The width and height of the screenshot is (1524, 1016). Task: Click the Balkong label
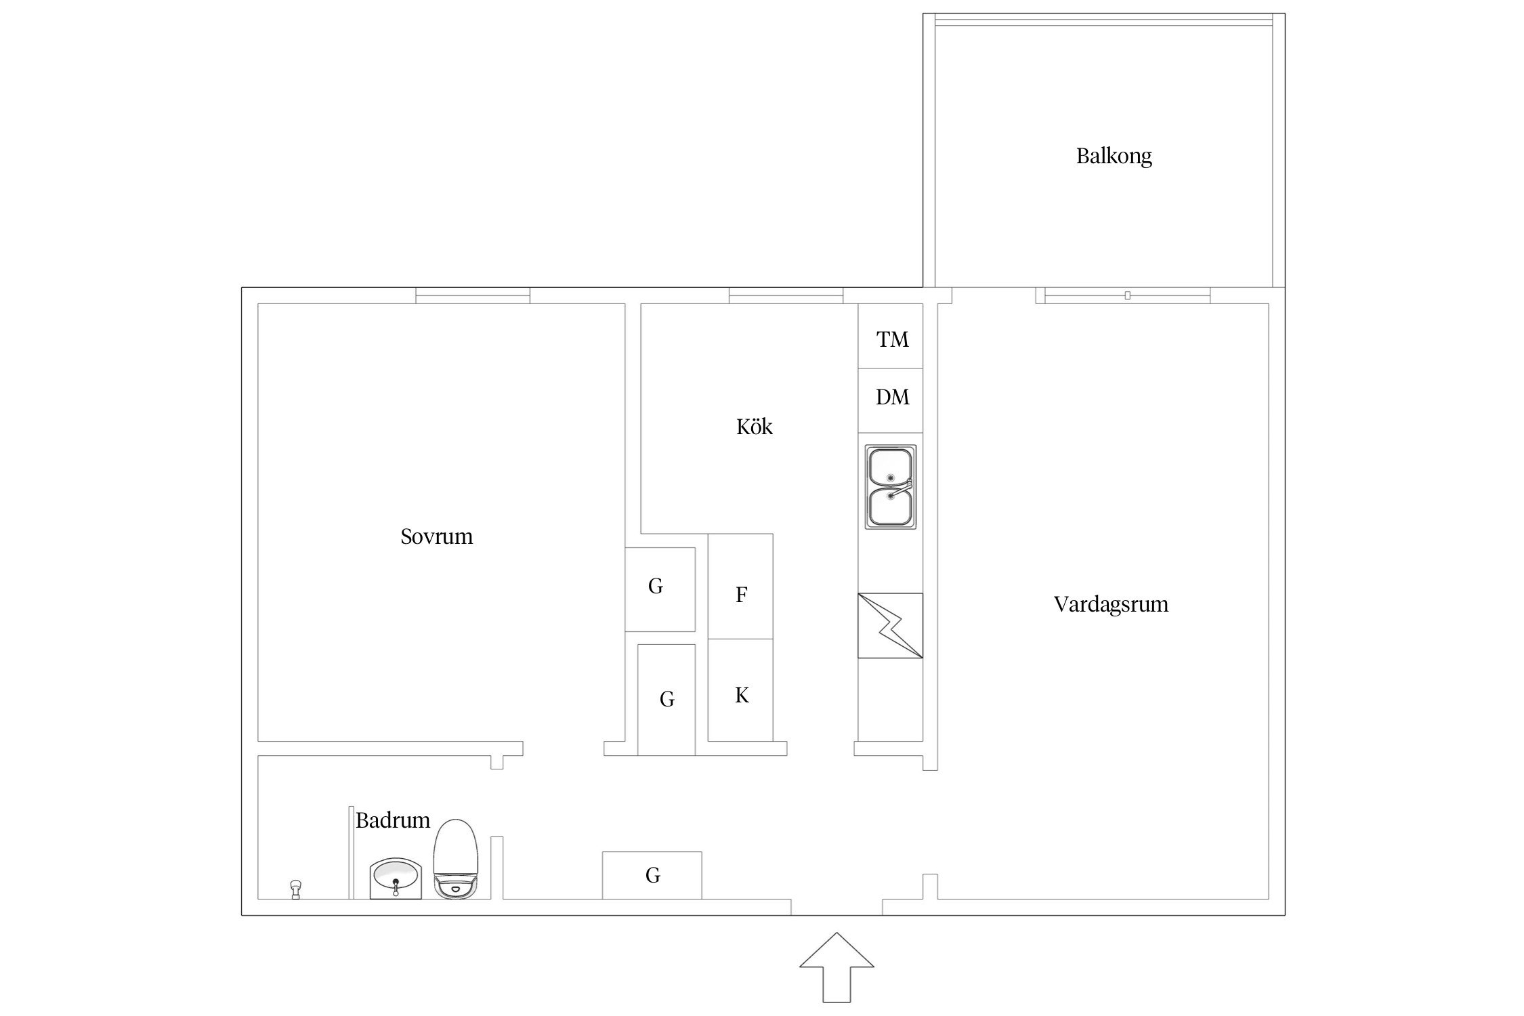pyautogui.click(x=1114, y=156)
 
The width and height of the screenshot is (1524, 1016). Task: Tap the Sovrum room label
pyautogui.click(x=436, y=536)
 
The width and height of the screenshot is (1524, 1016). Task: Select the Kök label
pyautogui.click(x=754, y=426)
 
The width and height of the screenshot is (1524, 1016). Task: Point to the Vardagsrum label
pyautogui.click(x=1111, y=604)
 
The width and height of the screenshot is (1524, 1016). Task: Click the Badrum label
pyautogui.click(x=393, y=820)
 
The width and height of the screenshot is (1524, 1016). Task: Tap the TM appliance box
pyautogui.click(x=891, y=337)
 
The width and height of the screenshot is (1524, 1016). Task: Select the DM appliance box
pyautogui.click(x=891, y=400)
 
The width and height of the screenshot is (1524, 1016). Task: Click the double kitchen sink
pyautogui.click(x=891, y=486)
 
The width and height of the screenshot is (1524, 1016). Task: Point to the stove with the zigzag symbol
pyautogui.click(x=890, y=625)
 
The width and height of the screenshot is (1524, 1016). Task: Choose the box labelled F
pyautogui.click(x=740, y=587)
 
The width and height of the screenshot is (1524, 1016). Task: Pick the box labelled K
pyautogui.click(x=740, y=690)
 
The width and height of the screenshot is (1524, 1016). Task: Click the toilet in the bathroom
pyautogui.click(x=456, y=859)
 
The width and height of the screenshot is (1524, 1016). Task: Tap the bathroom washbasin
pyautogui.click(x=396, y=879)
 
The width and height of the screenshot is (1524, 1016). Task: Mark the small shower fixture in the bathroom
pyautogui.click(x=295, y=889)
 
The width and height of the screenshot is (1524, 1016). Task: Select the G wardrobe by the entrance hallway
pyautogui.click(x=652, y=875)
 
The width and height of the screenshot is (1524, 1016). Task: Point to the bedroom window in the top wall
pyautogui.click(x=473, y=296)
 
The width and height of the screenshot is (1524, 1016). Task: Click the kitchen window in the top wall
pyautogui.click(x=786, y=296)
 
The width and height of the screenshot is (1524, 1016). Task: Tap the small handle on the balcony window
pyautogui.click(x=1127, y=295)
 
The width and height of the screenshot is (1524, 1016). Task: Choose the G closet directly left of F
pyautogui.click(x=660, y=589)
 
